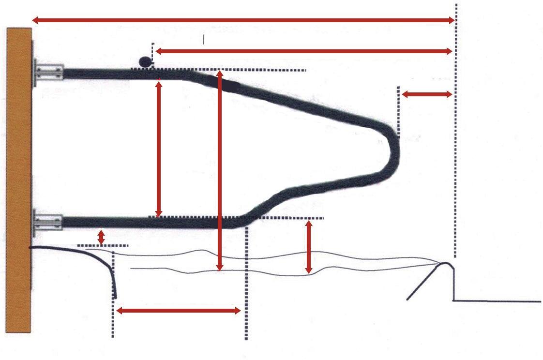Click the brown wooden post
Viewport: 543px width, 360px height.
click(x=19, y=179)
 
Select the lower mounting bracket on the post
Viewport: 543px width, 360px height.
click(x=48, y=223)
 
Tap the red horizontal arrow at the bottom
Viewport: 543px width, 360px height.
click(x=179, y=311)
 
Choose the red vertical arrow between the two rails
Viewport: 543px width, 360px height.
click(x=158, y=148)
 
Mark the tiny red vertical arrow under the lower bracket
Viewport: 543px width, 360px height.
click(x=101, y=237)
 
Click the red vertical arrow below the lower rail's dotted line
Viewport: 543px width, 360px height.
click(x=309, y=247)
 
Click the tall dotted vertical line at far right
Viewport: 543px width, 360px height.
click(x=455, y=145)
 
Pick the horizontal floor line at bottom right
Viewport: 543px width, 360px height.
click(x=497, y=301)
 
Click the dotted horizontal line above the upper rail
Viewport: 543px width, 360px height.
click(x=271, y=70)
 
